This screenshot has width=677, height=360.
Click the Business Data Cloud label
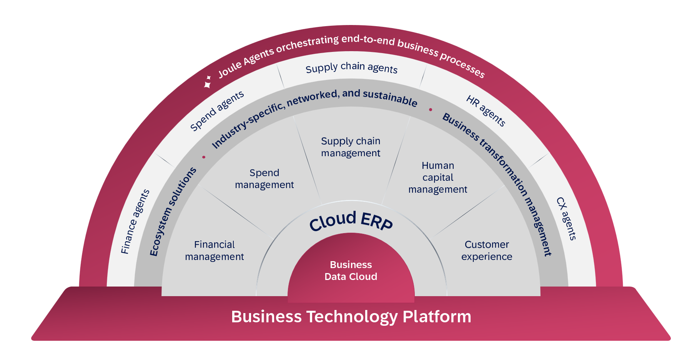click(351, 270)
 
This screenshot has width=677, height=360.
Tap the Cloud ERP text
click(351, 221)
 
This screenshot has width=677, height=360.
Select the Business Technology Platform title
click(351, 317)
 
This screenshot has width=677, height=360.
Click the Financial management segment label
click(215, 250)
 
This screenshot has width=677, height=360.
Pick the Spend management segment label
click(264, 179)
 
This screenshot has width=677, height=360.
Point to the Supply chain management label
click(351, 147)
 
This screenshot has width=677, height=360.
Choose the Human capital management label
click(438, 177)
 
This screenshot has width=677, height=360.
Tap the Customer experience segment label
click(487, 250)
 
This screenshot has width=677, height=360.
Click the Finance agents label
click(135, 222)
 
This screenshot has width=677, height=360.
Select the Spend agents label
click(217, 111)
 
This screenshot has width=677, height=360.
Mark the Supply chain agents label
click(351, 68)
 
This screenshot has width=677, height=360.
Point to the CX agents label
click(566, 218)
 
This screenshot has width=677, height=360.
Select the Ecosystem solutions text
click(173, 212)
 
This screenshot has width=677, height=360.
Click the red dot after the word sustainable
click(431, 110)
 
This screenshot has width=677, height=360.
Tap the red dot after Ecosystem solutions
click(204, 157)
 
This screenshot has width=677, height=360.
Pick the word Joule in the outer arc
click(230, 69)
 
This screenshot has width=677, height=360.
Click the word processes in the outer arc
click(462, 64)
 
